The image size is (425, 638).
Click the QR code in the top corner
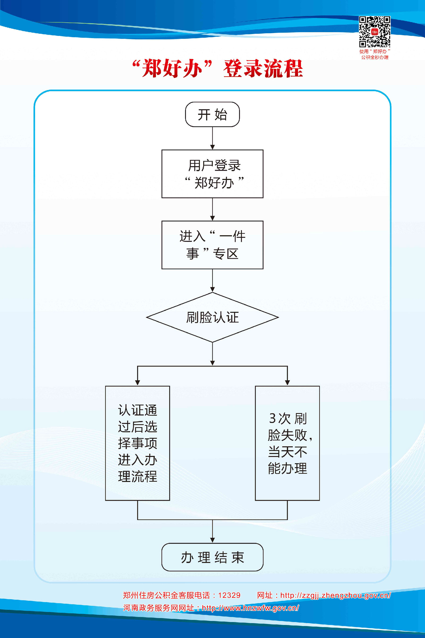[x=375, y=31]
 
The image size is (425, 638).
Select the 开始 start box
[x=212, y=114]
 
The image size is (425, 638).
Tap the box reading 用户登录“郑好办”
[x=212, y=174]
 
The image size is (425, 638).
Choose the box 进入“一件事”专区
[x=212, y=245]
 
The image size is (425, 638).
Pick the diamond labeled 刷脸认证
[x=212, y=317]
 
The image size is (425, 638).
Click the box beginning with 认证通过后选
[x=137, y=443]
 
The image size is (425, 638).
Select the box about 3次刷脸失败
[x=287, y=443]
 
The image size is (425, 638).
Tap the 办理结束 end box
[x=212, y=557]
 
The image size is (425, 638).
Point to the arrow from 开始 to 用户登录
[x=212, y=138]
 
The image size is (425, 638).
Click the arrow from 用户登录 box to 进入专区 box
[x=212, y=209]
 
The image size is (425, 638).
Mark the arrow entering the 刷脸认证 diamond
[x=212, y=281]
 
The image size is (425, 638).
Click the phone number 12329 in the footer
[x=229, y=595]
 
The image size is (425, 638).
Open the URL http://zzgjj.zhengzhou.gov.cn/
[x=335, y=595]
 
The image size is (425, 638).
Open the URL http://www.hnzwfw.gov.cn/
[x=250, y=608]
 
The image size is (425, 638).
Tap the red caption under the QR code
[x=375, y=54]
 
